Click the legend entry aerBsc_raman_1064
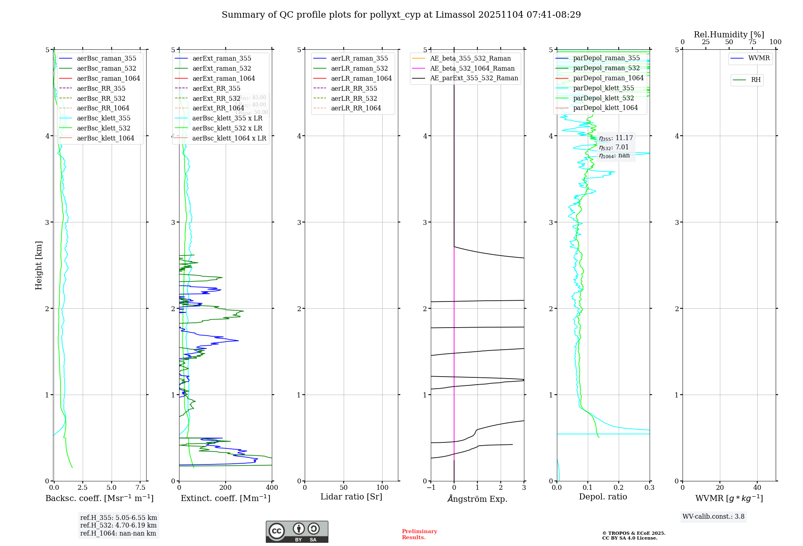108,78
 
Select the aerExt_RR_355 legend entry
216,88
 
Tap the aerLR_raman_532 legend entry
359,68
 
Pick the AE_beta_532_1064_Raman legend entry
472,68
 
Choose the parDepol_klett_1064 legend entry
605,108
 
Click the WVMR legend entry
759,58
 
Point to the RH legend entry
756,80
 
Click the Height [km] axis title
39,265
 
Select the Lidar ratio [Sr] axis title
351,497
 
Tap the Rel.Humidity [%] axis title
729,35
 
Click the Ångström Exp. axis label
477,499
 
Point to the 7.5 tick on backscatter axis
140,487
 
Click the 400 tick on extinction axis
272,487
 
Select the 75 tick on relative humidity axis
752,42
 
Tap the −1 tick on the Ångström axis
431,487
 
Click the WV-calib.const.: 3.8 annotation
713,517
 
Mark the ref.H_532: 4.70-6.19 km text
118,525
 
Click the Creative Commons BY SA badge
297,532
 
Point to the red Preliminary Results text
419,534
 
